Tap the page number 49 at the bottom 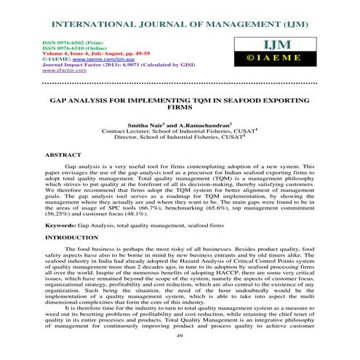point(180,337)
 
